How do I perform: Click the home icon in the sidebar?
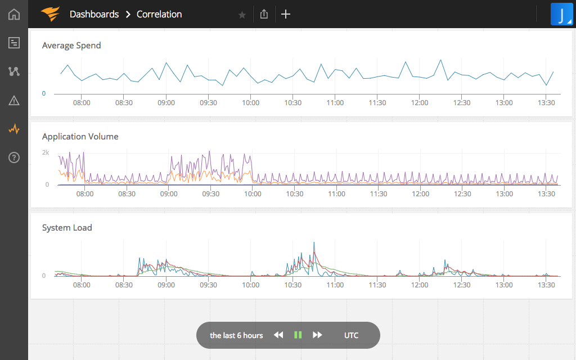point(14,14)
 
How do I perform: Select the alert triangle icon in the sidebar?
point(14,101)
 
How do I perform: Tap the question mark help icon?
point(14,157)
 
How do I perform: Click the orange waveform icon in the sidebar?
point(14,129)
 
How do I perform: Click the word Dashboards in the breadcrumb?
point(94,14)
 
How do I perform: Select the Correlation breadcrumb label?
point(159,14)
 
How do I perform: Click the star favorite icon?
point(242,15)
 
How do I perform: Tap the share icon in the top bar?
point(264,14)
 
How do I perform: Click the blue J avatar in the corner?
point(561,15)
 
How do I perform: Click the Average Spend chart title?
point(71,46)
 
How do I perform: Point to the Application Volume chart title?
point(80,137)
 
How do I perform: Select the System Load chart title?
point(67,228)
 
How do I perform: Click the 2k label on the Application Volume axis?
point(46,152)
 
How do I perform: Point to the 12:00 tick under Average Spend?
point(420,103)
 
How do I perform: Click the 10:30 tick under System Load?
point(293,285)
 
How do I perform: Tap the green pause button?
point(298,335)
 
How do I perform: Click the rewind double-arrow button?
point(278,335)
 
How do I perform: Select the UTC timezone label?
point(351,335)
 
